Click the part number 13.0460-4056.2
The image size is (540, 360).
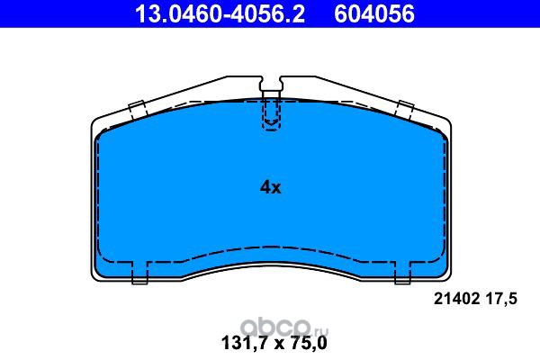point(220,13)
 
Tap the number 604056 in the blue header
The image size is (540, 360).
point(374,13)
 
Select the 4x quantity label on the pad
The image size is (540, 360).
point(270,187)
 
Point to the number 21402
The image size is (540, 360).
point(456,299)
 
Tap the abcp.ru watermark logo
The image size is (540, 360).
point(284,328)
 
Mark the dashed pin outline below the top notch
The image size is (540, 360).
point(272,113)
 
